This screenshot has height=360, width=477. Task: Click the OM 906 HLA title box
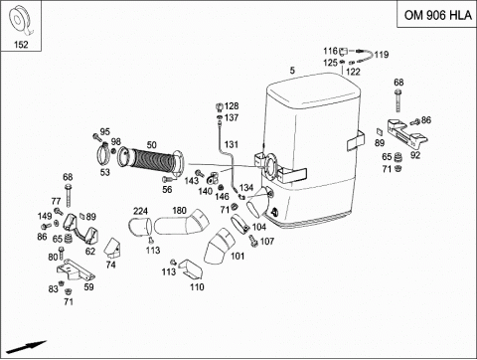(437, 14)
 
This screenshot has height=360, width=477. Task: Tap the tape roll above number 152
(21, 21)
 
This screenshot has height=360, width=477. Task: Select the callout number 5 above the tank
(292, 71)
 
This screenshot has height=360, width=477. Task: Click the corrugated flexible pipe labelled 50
(152, 160)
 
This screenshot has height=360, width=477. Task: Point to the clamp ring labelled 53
(104, 154)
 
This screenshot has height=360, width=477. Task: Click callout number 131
(232, 144)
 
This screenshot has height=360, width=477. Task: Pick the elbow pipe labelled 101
(218, 247)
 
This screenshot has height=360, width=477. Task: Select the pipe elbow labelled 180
(182, 223)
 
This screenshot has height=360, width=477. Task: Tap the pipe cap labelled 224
(140, 226)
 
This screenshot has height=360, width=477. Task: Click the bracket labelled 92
(406, 133)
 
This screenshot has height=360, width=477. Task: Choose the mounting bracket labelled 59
(76, 270)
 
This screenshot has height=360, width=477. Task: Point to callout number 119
(382, 55)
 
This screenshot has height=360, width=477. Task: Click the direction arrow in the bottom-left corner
(26, 347)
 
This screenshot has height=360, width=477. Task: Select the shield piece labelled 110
(192, 270)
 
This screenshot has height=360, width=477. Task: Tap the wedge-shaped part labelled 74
(112, 248)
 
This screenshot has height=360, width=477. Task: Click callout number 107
(267, 241)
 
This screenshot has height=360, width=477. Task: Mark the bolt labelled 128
(219, 106)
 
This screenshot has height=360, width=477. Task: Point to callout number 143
(192, 181)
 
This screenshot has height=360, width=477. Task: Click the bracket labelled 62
(80, 229)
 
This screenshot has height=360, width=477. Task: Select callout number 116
(330, 51)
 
